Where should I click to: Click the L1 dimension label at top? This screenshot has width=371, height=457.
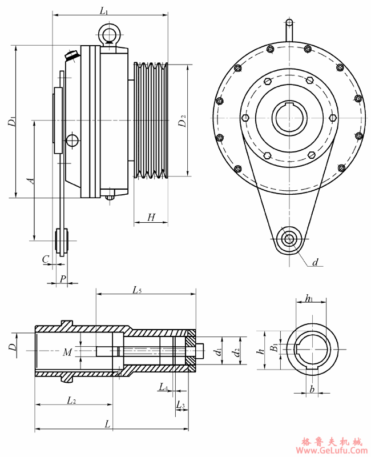click(104, 10)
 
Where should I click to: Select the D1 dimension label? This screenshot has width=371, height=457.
click(11, 122)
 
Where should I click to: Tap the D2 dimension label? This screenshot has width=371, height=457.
click(182, 121)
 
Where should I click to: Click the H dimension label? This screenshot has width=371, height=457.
click(151, 217)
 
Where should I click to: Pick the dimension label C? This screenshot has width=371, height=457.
click(45, 259)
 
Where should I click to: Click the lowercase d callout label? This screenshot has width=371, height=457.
click(314, 263)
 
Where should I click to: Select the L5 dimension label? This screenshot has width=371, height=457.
click(137, 290)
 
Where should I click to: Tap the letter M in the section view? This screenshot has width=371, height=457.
click(67, 352)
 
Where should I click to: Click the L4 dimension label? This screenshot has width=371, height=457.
click(163, 388)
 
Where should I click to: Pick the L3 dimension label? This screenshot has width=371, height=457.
click(181, 406)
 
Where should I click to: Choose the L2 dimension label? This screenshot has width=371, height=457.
click(71, 400)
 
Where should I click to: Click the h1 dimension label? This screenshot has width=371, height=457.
click(309, 298)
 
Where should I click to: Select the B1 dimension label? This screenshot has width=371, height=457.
click(275, 346)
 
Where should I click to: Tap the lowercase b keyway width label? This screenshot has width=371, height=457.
click(311, 389)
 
